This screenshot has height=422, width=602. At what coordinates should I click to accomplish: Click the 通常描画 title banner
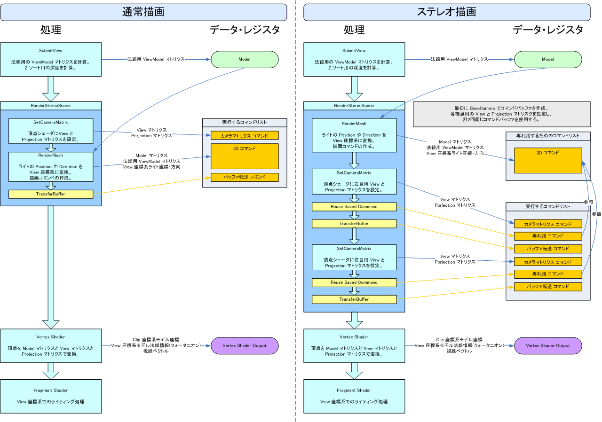click(143, 12)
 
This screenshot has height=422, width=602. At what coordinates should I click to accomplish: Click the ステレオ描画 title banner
click(446, 12)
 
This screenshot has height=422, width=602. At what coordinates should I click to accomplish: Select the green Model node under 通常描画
click(245, 59)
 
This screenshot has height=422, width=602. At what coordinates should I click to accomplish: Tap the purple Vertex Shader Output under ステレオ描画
click(548, 345)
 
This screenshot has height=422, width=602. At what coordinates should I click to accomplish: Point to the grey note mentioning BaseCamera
click(501, 114)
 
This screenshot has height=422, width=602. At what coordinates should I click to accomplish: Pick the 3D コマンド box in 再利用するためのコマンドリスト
click(548, 160)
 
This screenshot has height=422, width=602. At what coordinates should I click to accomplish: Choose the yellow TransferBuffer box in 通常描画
click(51, 194)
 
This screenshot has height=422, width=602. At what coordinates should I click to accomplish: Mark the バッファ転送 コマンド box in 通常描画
click(245, 177)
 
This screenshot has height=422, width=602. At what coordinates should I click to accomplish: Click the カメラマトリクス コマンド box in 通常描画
click(245, 135)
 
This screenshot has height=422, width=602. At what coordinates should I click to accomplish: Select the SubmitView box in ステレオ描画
click(354, 59)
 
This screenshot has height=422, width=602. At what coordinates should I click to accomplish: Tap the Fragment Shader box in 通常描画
click(51, 396)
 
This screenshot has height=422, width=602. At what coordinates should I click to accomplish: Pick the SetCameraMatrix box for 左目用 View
click(354, 181)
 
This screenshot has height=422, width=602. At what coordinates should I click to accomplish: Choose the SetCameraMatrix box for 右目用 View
click(354, 257)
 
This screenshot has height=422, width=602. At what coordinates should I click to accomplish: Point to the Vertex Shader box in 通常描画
click(51, 345)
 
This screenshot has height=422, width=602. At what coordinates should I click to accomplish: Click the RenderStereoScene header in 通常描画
click(51, 105)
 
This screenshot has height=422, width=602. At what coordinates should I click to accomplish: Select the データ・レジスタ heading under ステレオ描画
click(548, 30)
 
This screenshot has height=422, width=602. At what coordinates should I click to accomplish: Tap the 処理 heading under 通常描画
click(51, 30)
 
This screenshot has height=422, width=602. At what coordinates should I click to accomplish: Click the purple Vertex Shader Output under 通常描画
click(245, 345)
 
